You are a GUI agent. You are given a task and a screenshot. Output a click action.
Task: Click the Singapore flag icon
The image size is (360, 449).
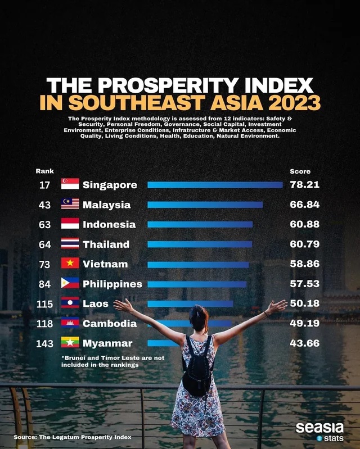(x=70, y=184)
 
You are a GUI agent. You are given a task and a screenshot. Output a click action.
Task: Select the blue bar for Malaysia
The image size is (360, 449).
(x=205, y=205)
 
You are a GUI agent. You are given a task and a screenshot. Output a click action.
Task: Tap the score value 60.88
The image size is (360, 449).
(x=304, y=224)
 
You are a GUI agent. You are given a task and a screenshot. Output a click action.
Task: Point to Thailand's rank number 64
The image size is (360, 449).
(x=44, y=244)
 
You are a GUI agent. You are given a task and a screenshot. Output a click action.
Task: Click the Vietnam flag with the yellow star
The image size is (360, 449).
(x=70, y=263)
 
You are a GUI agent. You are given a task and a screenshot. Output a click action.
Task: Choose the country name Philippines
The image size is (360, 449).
(x=112, y=284)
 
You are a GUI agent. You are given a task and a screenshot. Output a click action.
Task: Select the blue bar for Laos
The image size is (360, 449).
(x=190, y=304)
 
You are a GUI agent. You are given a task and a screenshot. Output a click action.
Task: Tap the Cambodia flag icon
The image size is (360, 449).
(x=70, y=323)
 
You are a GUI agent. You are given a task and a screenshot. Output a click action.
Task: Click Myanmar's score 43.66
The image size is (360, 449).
(x=304, y=343)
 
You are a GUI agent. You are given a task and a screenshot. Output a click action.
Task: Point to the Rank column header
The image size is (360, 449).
(x=44, y=171)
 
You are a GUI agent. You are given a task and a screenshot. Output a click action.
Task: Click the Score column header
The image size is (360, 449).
(x=300, y=171)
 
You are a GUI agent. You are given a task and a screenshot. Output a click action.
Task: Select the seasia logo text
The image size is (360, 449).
(x=319, y=428)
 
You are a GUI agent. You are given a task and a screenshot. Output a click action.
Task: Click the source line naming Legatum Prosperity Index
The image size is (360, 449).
(x=73, y=437)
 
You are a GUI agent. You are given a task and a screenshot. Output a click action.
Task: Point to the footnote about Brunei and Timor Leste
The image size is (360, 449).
(x=113, y=361)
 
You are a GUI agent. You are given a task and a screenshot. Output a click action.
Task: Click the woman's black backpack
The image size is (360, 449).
(x=198, y=372)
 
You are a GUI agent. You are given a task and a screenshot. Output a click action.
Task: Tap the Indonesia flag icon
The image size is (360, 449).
(x=70, y=223)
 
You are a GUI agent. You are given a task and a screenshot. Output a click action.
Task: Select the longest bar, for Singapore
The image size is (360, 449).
(x=215, y=185)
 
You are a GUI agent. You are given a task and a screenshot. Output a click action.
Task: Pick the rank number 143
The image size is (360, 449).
(x=44, y=343)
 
